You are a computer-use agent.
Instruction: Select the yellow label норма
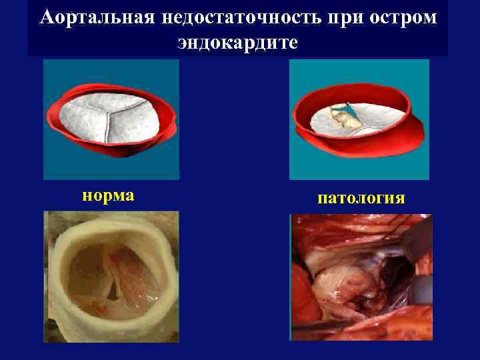click(107, 195)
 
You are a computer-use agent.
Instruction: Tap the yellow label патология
click(360, 198)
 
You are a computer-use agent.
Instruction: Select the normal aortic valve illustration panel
click(111, 119)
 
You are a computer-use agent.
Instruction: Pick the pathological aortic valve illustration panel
click(359, 119)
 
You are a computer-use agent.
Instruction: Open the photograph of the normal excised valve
click(111, 277)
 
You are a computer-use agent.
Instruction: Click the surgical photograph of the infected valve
click(361, 277)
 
